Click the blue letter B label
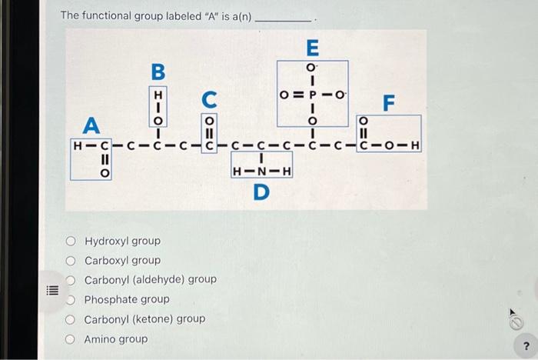[158, 72]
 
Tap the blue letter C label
[209, 99]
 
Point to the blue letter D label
[261, 191]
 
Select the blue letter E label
[312, 48]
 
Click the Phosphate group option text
[127, 299]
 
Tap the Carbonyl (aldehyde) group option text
[150, 280]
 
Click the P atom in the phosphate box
[313, 95]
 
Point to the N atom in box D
[261, 171]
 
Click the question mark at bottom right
[526, 345]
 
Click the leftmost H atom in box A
[77, 144]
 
